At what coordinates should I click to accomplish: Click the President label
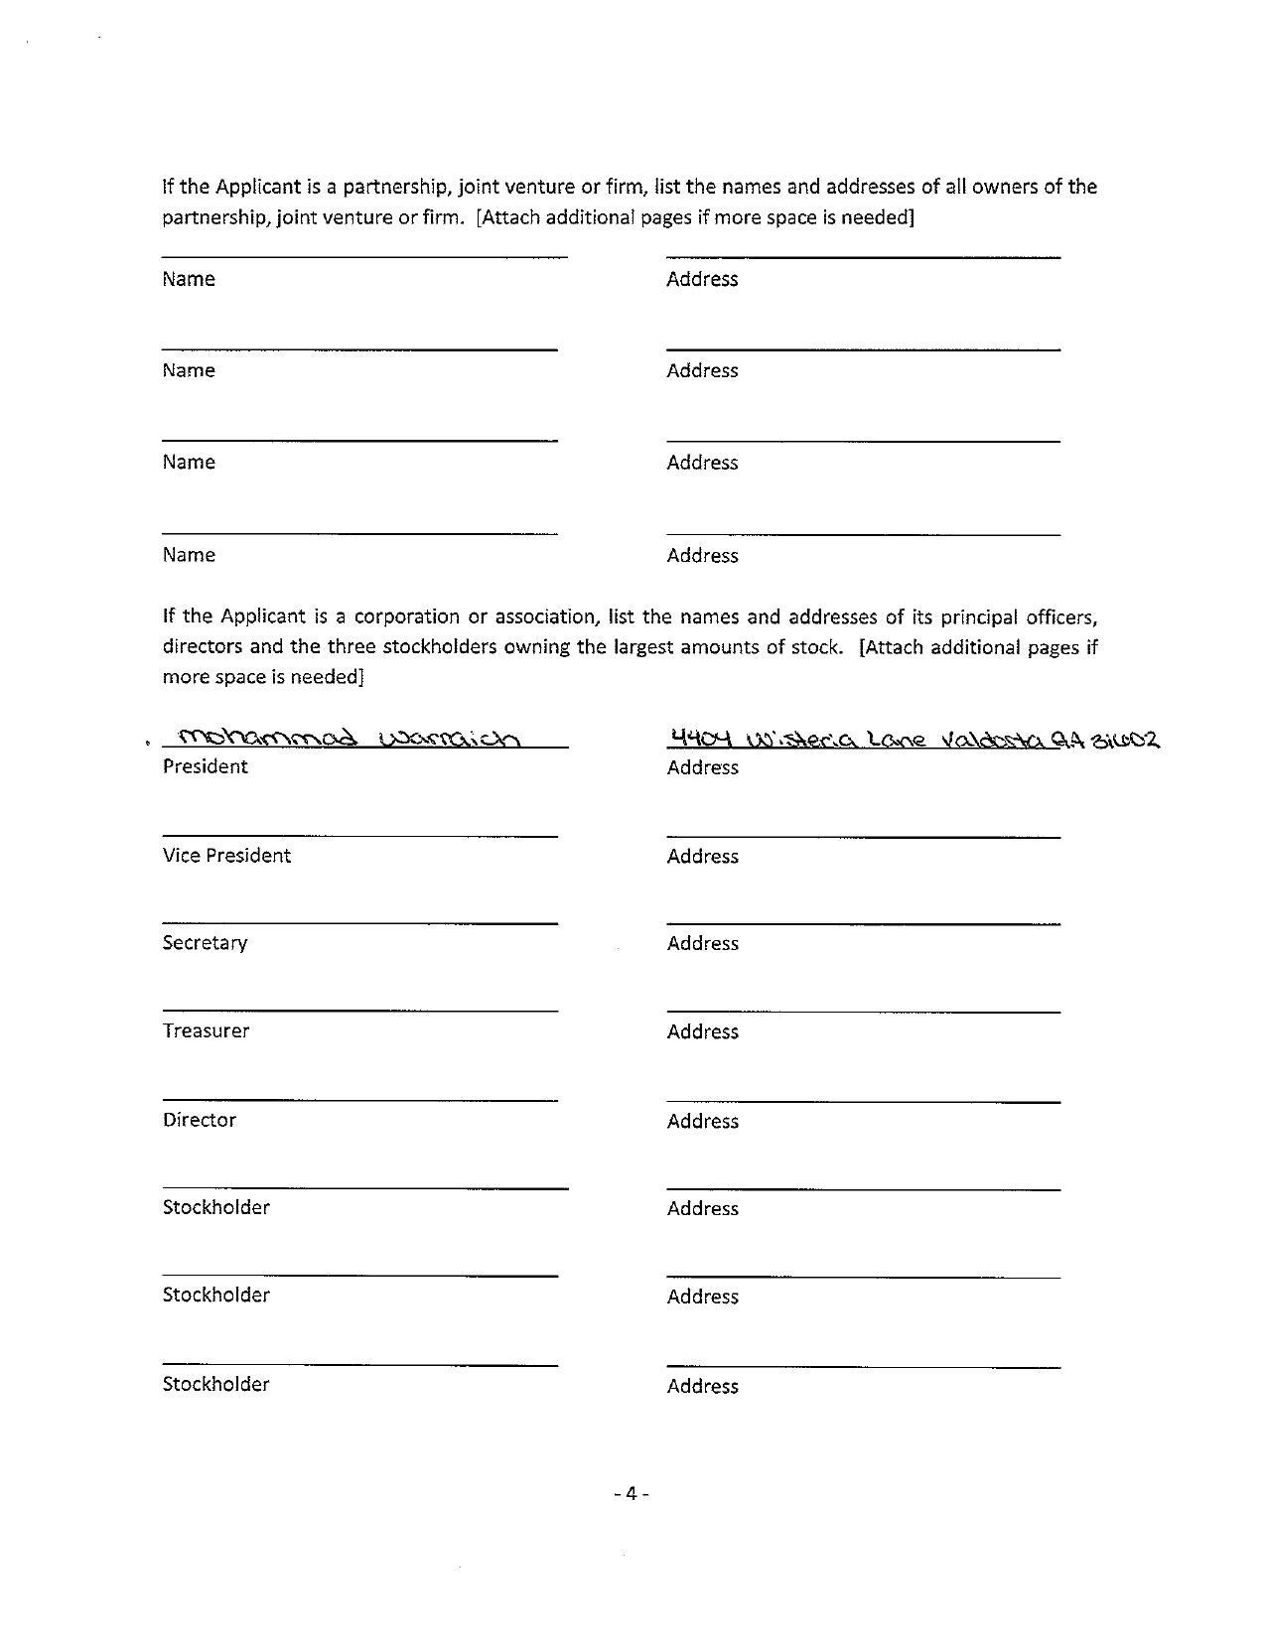coord(205,766)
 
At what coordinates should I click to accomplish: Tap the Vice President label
coord(226,856)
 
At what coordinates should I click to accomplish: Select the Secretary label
coord(205,943)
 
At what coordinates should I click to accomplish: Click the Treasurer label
coord(206,1030)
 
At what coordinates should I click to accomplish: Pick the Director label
coord(199,1120)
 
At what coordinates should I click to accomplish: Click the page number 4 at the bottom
coord(631,1493)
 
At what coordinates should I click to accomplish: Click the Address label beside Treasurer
coord(702,1031)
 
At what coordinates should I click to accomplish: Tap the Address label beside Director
coord(702,1121)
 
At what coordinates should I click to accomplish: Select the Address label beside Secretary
coord(702,943)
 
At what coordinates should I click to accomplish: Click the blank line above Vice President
coord(359,836)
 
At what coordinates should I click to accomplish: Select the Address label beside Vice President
coord(702,856)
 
